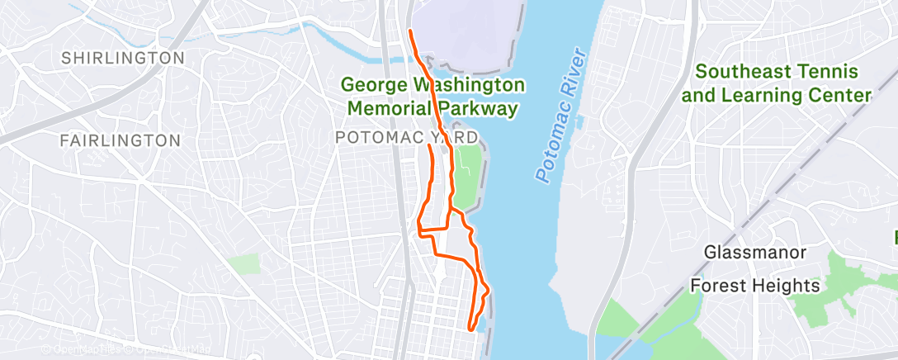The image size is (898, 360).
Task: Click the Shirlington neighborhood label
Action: click(123, 58)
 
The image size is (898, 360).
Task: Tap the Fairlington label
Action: click(121, 140)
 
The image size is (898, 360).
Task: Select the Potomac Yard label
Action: click(406, 136)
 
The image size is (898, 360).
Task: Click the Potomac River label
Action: click(560, 116)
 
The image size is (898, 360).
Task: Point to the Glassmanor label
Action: click(755, 251)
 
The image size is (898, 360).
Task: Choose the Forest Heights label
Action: click(755, 286)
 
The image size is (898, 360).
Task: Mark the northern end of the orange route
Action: click(410, 31)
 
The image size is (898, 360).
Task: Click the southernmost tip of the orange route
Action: click(470, 329)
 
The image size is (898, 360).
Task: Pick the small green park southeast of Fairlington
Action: click(243, 264)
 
